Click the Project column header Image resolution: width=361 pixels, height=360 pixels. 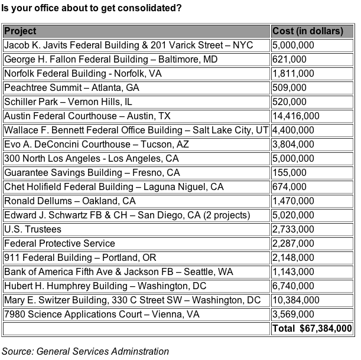20,31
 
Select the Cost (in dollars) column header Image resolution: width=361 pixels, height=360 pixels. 307,31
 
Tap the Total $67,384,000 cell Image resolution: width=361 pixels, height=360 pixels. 312,328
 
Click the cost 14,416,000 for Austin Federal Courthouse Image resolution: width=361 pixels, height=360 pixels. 296,116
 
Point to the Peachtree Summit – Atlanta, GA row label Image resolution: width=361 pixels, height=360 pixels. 71,87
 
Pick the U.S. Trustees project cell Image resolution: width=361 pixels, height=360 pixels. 32,229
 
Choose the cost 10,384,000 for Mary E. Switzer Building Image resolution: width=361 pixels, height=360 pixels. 296,300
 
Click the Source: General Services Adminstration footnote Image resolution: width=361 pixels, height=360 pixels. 85,351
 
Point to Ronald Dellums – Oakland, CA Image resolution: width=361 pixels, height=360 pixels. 70,201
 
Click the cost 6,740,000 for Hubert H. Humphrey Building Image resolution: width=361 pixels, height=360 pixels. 294,286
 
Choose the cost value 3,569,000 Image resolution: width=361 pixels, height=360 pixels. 294,314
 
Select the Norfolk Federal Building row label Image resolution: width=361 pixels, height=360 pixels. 83,73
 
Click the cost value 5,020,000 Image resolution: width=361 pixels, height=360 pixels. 294,215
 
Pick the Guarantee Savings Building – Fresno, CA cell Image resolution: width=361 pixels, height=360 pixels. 92,172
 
